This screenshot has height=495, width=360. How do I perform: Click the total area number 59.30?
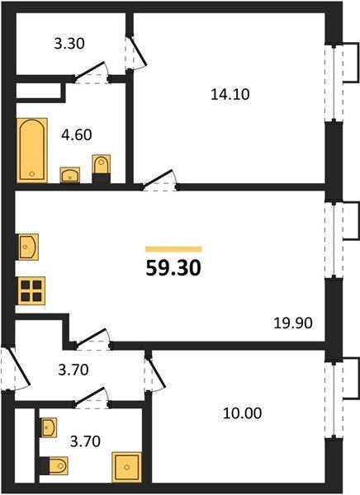[x=173, y=269]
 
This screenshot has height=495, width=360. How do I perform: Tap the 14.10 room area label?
[x=230, y=94]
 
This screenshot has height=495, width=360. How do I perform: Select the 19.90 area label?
[x=293, y=323]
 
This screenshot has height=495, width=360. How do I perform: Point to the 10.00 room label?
[x=243, y=413]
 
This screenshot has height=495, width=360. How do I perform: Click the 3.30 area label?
[x=69, y=43]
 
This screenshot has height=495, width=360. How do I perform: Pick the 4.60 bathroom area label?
[x=77, y=134]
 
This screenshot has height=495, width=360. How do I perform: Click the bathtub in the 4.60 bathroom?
[x=32, y=150]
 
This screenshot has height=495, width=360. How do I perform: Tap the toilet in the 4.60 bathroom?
[x=101, y=168]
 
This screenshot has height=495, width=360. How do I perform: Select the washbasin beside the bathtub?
[x=70, y=175]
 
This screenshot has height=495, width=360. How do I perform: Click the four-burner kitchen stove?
[x=31, y=290]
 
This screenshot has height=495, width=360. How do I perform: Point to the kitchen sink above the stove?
[x=28, y=247]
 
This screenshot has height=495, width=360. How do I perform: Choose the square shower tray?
[x=126, y=467]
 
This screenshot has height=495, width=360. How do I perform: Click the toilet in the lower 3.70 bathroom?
[x=54, y=465]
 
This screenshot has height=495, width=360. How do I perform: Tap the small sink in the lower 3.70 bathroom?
[x=49, y=427]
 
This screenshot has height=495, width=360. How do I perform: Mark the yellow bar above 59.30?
[x=173, y=249]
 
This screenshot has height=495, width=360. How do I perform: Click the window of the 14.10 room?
[x=334, y=83]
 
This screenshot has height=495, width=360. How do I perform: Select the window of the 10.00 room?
[x=334, y=398]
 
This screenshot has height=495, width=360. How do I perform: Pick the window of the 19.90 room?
[x=334, y=240]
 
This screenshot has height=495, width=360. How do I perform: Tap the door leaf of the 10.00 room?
[x=156, y=373]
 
